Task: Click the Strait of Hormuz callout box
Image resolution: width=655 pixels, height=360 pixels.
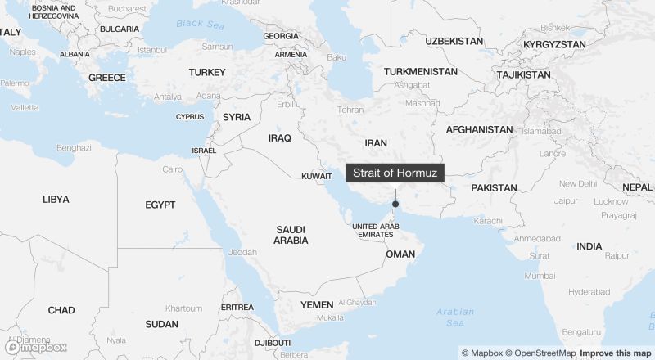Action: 396,173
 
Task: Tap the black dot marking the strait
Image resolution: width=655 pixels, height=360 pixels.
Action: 395,204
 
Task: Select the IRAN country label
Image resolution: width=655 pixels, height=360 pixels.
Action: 376,142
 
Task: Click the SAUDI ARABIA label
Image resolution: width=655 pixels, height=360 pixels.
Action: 291,235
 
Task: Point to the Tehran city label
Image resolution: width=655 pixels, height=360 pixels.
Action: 350,110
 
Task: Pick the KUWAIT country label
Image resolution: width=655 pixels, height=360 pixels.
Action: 317,176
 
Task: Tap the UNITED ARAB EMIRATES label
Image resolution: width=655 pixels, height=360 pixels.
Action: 376,230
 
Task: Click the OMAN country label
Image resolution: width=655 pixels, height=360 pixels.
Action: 400,254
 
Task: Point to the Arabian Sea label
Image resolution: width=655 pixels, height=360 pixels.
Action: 455,317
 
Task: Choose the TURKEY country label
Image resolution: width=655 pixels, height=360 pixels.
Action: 206,72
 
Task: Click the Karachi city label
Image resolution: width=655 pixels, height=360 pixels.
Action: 487,221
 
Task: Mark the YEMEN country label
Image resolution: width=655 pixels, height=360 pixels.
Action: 317,304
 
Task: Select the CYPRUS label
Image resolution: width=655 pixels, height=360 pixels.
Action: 190,116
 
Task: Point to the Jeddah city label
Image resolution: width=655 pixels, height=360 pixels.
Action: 243,252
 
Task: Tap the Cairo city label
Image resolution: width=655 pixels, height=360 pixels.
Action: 172,169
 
